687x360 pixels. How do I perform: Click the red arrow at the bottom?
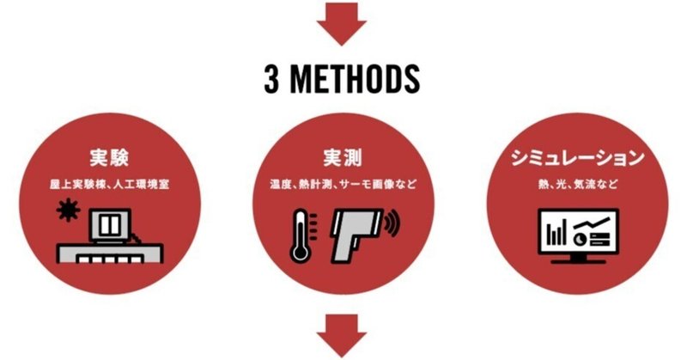pos(342,338)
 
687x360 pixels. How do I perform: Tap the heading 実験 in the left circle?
pos(113,159)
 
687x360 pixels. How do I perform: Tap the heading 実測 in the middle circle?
pos(342,159)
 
